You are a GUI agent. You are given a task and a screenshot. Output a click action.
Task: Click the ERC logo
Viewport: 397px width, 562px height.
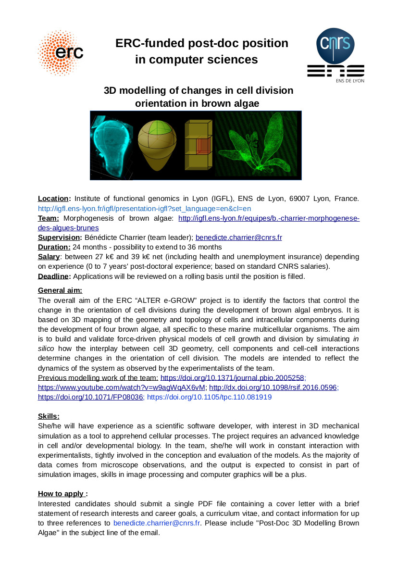tap(61, 52)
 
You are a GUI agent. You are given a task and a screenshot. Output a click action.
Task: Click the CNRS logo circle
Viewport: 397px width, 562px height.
tap(335, 46)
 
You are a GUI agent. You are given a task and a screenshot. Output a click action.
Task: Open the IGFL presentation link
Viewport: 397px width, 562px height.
tap(144, 209)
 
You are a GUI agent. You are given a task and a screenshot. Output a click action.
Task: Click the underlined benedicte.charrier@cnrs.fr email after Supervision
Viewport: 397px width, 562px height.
tap(238, 237)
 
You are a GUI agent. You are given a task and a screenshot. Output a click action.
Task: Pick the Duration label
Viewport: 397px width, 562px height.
tap(54, 247)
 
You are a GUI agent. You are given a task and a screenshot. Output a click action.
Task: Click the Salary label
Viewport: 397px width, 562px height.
tap(49, 257)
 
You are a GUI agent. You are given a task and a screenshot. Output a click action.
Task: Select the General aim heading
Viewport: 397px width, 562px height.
tap(60, 290)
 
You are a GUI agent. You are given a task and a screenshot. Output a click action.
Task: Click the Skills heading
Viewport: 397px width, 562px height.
tap(49, 416)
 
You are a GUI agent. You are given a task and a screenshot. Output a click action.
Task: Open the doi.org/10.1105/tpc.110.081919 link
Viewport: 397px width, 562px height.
tap(209, 397)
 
